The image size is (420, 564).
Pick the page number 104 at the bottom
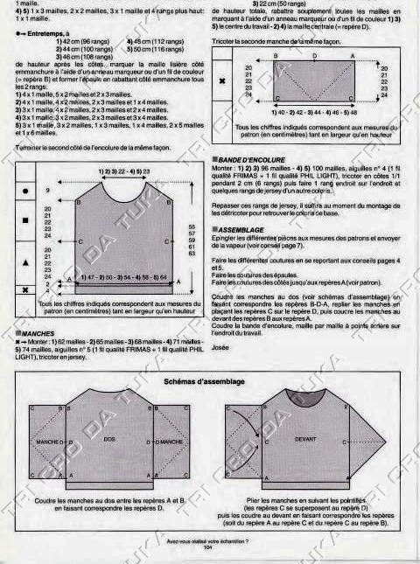coord(206,548)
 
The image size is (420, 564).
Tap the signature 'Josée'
coord(220,322)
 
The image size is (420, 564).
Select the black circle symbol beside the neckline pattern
coord(24,190)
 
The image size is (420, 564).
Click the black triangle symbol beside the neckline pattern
coord(24,261)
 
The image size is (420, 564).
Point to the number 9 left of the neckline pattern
coord(49,189)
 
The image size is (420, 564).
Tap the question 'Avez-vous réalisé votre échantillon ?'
coord(207,542)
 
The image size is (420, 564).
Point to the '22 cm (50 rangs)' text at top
coord(297,4)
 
